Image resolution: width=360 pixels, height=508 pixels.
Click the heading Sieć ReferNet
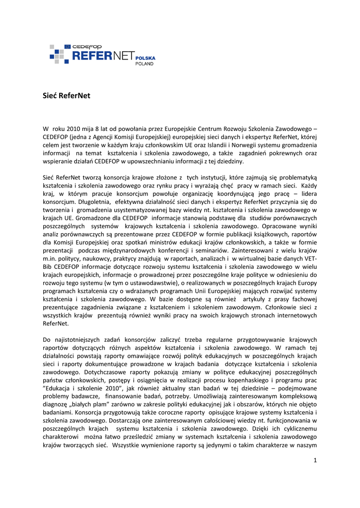point(67,96)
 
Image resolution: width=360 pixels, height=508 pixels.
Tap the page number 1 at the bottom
point(315,460)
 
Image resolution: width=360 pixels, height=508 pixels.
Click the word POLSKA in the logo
point(145,58)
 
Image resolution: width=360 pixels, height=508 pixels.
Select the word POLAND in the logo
point(145,64)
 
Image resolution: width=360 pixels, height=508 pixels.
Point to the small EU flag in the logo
point(67,47)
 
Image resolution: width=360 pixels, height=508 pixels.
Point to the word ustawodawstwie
point(153,282)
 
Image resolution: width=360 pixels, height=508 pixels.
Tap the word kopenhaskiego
point(251,380)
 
